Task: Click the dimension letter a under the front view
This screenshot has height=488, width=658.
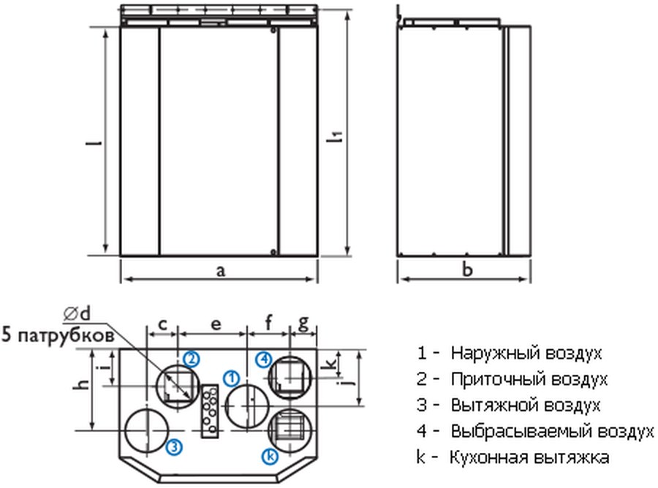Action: click(x=220, y=271)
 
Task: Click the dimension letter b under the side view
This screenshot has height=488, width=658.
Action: click(x=467, y=269)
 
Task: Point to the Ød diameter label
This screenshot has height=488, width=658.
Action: click(x=77, y=313)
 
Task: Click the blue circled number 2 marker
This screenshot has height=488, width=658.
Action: click(x=192, y=359)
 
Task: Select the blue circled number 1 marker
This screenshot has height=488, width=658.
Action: click(x=231, y=378)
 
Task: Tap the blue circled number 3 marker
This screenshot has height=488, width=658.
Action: click(x=174, y=447)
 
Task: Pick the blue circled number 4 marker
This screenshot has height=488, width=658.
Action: click(x=264, y=359)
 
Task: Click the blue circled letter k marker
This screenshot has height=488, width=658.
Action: click(x=270, y=456)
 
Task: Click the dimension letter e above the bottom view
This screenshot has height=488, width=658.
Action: click(x=215, y=324)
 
